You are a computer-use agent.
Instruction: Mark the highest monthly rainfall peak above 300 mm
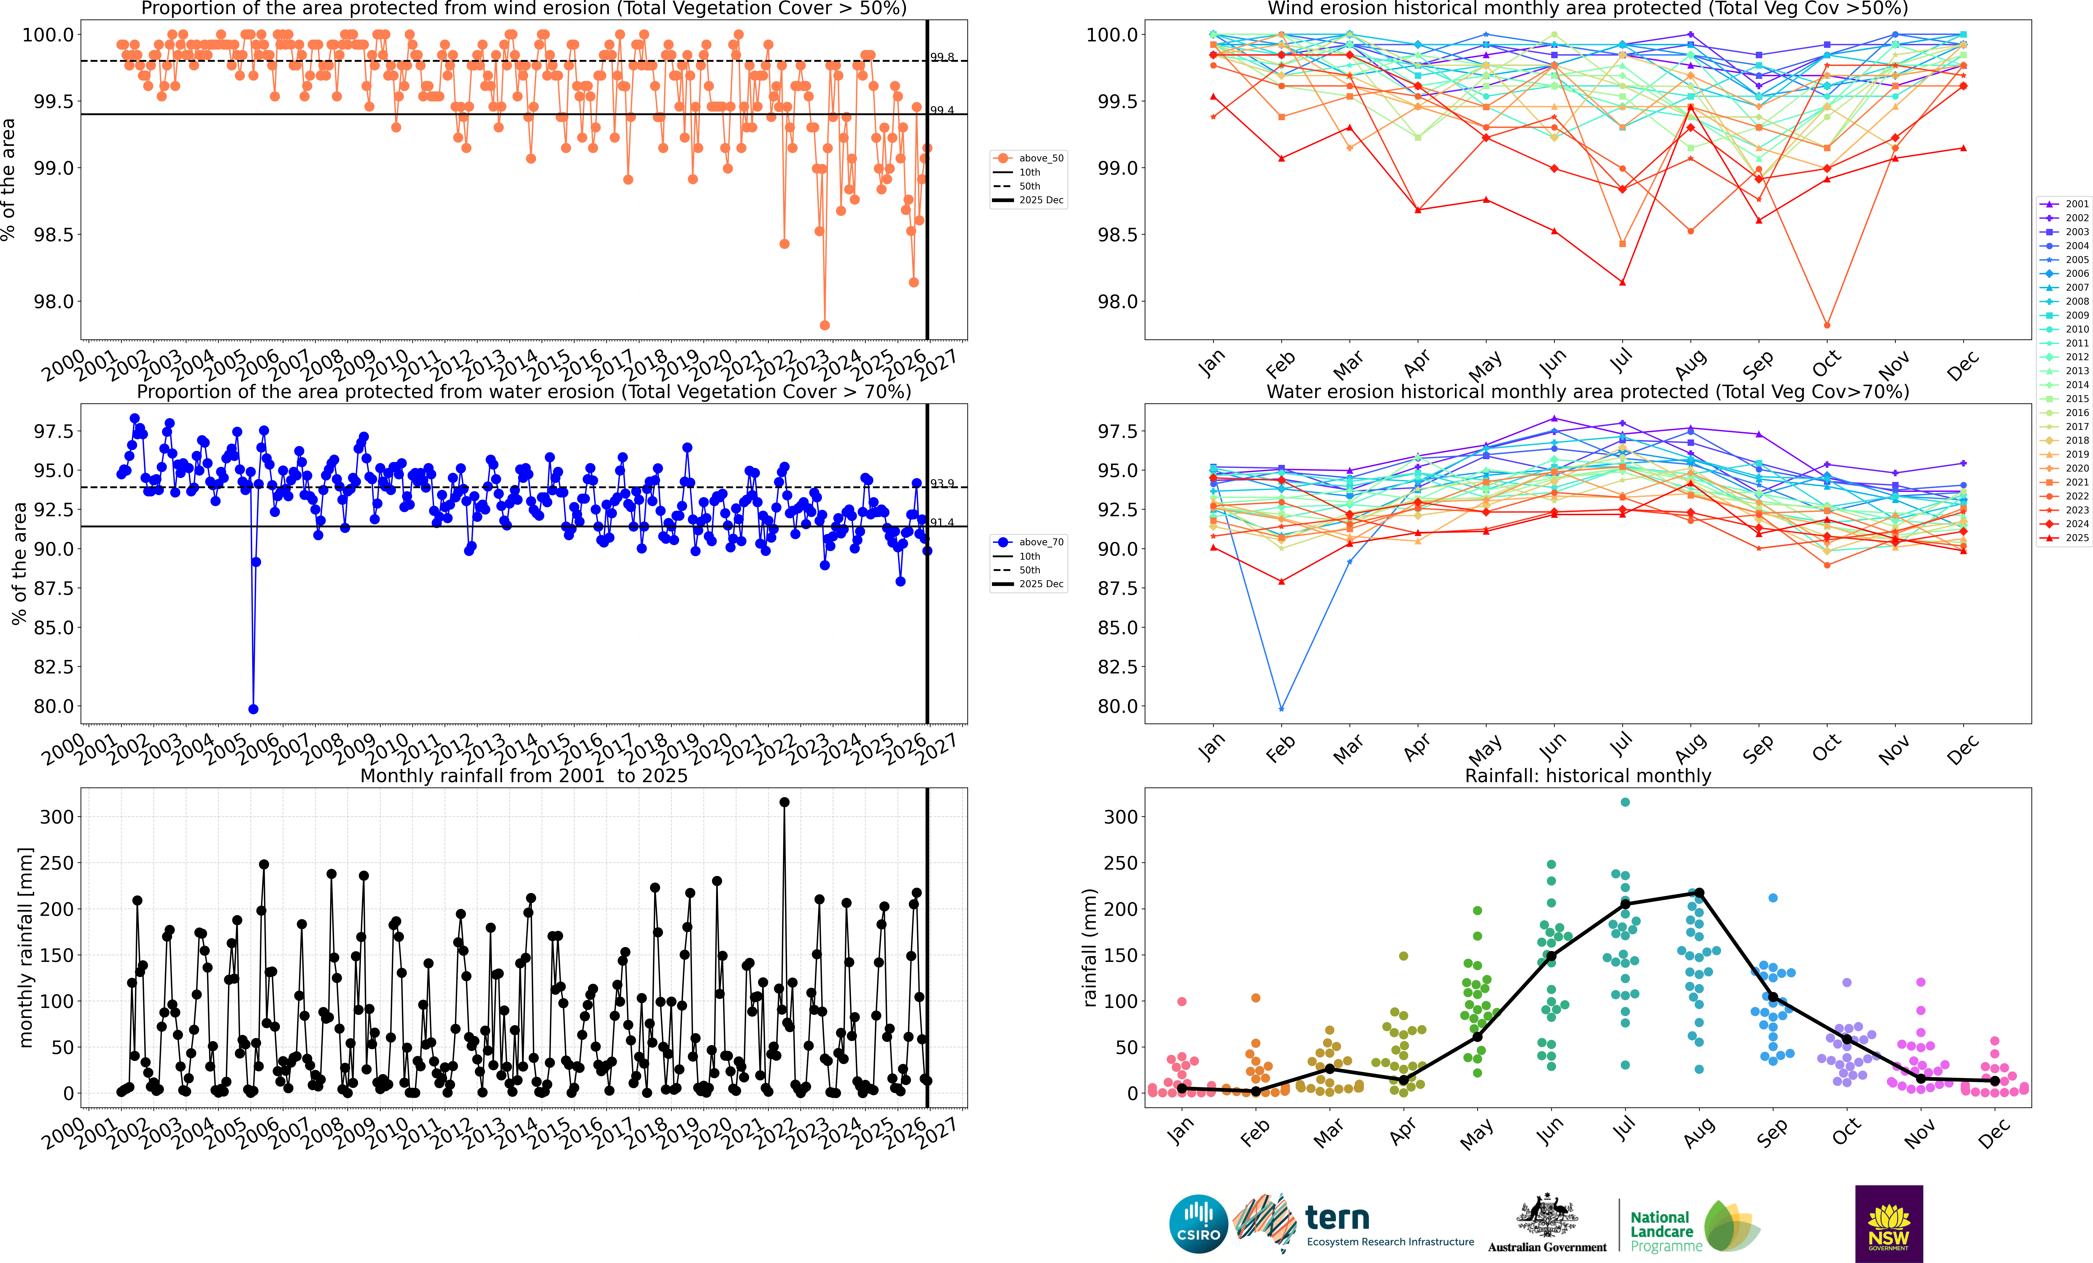pyautogui.click(x=784, y=802)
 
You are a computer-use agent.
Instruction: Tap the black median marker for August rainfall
pyautogui.click(x=1699, y=893)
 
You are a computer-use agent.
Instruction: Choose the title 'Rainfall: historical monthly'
pyautogui.click(x=1588, y=776)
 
